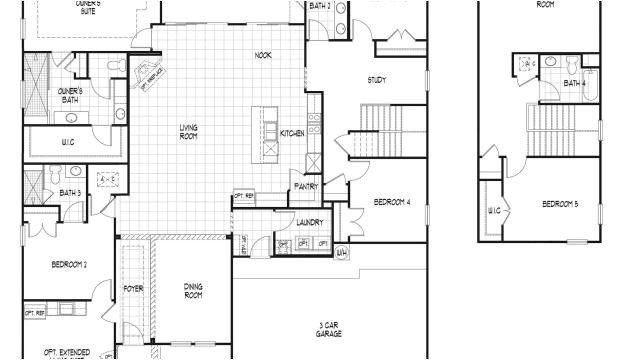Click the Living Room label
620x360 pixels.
188,131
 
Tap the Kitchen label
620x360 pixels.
292,133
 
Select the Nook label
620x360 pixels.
263,55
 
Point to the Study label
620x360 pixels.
377,80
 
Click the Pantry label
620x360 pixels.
306,185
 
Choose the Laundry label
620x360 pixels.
309,221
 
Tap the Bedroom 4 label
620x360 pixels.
392,202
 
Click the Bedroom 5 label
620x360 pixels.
560,204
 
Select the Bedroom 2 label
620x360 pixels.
69,265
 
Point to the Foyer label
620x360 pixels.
133,289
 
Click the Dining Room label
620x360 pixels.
193,291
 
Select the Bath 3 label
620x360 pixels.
69,192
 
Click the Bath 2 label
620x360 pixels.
319,6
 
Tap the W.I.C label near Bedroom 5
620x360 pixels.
494,211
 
